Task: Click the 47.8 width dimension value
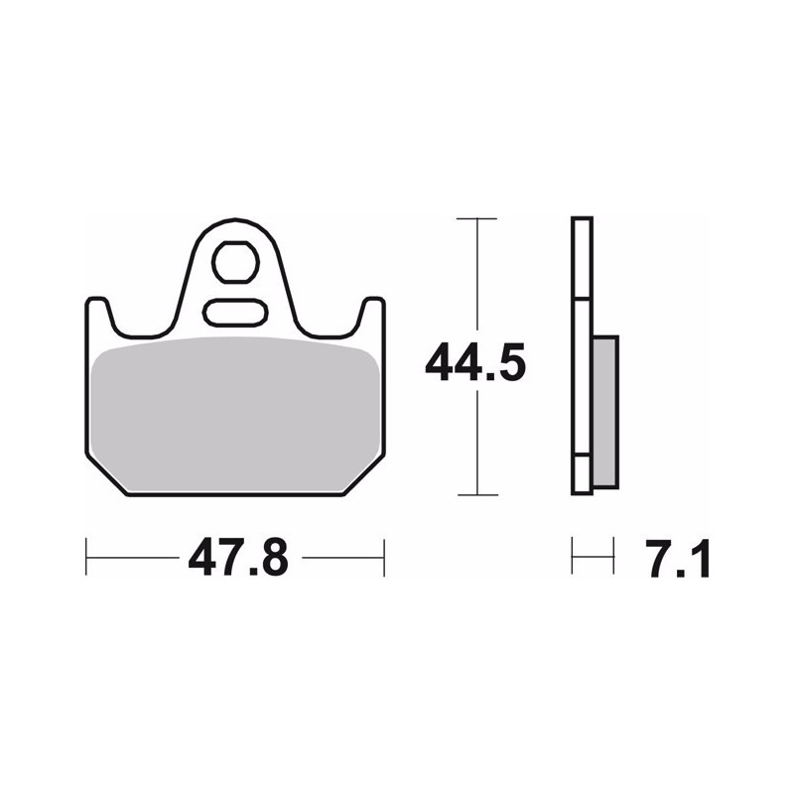238,558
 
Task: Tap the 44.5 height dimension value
475,362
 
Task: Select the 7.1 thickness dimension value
678,559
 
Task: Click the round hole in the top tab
235,262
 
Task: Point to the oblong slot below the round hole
235,312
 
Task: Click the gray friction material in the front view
236,414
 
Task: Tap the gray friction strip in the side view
605,411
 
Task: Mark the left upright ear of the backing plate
97,317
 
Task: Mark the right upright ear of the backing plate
373,317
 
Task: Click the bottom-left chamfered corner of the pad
106,474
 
